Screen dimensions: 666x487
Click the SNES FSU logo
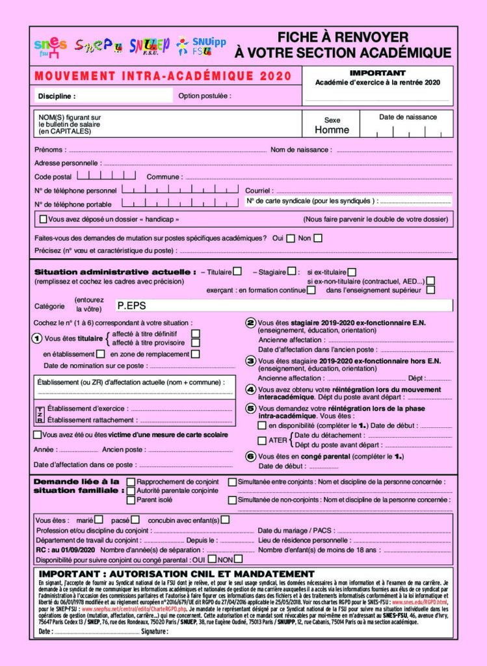50,47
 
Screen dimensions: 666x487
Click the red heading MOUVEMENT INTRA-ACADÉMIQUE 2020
159,75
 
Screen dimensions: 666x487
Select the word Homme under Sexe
332,129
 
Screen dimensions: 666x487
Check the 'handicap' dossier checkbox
44,219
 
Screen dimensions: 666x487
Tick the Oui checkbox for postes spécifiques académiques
290,238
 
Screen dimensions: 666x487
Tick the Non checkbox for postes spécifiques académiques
318,238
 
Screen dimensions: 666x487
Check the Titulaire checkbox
238,271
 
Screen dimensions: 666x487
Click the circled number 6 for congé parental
250,457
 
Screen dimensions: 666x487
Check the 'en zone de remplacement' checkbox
195,354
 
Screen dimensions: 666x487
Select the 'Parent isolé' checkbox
131,499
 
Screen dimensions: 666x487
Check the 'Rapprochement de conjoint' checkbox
131,482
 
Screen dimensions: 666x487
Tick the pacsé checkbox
135,520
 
